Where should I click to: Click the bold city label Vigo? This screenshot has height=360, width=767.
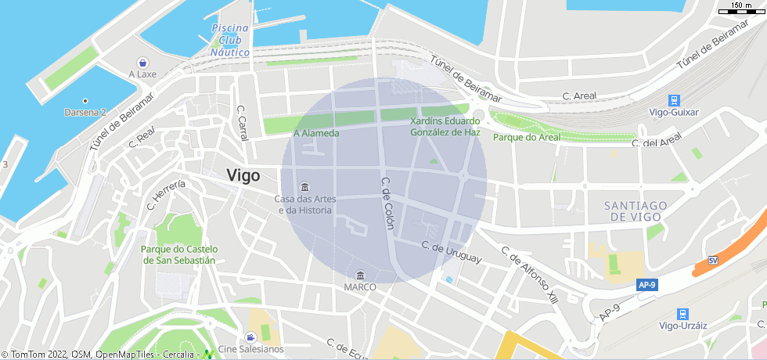[243, 176]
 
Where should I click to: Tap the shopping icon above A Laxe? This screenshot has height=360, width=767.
[142, 62]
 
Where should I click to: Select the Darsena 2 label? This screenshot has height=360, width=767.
[85, 112]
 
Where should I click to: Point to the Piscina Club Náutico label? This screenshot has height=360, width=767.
[230, 41]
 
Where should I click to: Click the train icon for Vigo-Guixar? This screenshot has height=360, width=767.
[673, 100]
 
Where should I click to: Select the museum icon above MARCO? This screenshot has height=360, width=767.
[360, 275]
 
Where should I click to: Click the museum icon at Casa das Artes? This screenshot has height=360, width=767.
[304, 187]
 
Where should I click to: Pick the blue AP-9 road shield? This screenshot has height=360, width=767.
[646, 286]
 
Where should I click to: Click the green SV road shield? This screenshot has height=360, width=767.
[712, 261]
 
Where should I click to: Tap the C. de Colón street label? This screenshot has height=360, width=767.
[387, 203]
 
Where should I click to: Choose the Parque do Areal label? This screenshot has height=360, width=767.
[527, 137]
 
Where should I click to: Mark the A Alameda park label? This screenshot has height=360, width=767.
[316, 133]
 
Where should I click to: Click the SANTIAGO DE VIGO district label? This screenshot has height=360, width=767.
[636, 211]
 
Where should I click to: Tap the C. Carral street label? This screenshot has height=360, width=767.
[243, 123]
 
